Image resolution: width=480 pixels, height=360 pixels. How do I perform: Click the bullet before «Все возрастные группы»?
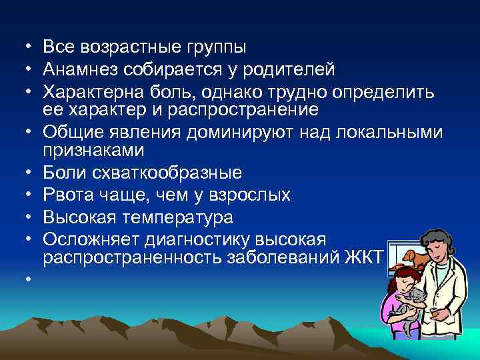[x=23, y=47]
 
